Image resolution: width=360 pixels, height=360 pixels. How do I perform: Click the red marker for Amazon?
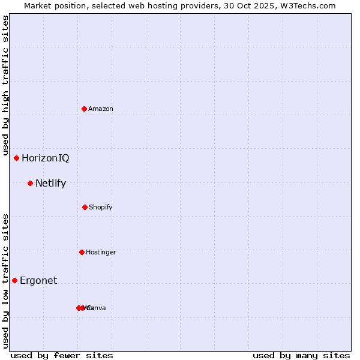coord(85,109)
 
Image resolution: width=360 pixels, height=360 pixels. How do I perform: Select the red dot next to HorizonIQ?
coord(17,158)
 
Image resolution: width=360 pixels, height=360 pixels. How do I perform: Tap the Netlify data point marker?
coord(30,183)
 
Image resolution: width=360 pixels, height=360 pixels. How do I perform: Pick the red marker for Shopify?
coord(85,207)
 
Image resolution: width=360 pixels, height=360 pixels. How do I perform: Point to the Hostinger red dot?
coord(82,252)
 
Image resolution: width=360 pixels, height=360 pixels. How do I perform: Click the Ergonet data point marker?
coord(15,280)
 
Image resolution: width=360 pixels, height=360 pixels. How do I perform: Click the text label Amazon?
coord(101,109)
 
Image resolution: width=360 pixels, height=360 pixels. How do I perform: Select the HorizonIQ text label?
coord(46,158)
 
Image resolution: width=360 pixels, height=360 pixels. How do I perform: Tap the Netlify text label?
coord(50,183)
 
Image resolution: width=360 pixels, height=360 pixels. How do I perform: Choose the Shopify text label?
coord(101,207)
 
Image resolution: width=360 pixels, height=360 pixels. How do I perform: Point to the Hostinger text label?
coord(101,252)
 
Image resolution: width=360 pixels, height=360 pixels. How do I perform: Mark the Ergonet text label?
coord(38,280)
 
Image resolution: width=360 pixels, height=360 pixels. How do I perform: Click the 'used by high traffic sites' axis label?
coord(5,85)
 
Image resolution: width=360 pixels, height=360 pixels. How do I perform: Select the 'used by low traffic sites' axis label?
coord(5,281)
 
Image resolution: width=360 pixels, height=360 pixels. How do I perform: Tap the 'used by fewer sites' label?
coord(62,355)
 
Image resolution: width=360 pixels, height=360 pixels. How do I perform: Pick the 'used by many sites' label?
coord(301,355)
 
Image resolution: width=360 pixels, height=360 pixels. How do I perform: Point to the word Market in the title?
coord(37,5)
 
